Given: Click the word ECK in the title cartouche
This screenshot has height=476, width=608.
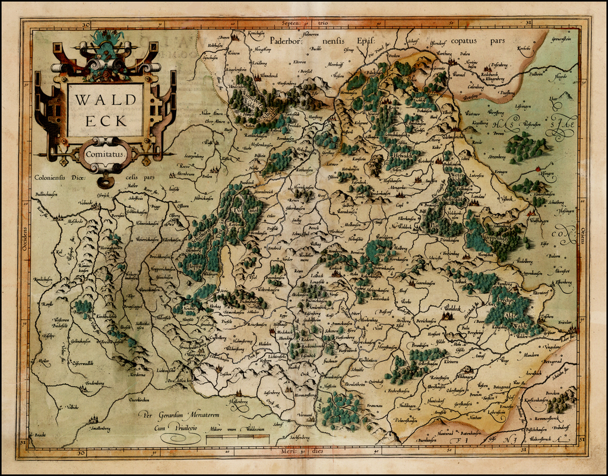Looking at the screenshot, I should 105,120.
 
